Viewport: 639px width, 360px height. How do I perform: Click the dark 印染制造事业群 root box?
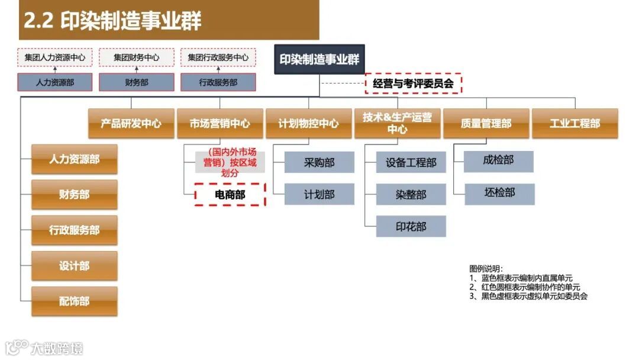click(319, 59)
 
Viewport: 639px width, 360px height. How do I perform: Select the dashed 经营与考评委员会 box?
click(413, 83)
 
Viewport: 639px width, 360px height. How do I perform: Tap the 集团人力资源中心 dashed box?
click(54, 57)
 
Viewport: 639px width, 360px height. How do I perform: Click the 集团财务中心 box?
click(136, 57)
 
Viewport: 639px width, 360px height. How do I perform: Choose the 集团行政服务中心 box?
click(218, 57)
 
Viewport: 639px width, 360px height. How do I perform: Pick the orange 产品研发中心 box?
click(131, 124)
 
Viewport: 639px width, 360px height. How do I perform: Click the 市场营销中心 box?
click(220, 124)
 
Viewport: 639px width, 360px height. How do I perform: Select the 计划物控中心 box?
click(308, 124)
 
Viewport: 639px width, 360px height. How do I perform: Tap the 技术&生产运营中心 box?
click(397, 123)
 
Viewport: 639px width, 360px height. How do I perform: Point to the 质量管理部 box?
click(486, 124)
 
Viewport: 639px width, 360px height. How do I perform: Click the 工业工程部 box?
click(575, 124)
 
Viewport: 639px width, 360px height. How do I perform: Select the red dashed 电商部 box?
click(230, 194)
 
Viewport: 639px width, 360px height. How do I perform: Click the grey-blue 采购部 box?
click(319, 162)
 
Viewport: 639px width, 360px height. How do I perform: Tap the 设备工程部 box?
click(411, 162)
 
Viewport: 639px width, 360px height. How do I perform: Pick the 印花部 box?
click(411, 226)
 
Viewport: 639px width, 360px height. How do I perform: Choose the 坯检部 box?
click(499, 194)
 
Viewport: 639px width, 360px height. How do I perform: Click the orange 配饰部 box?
click(74, 301)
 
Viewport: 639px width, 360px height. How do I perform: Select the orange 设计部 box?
click(74, 266)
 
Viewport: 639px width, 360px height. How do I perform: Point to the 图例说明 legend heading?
click(486, 268)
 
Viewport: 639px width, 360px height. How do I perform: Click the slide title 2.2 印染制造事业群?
click(112, 20)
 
